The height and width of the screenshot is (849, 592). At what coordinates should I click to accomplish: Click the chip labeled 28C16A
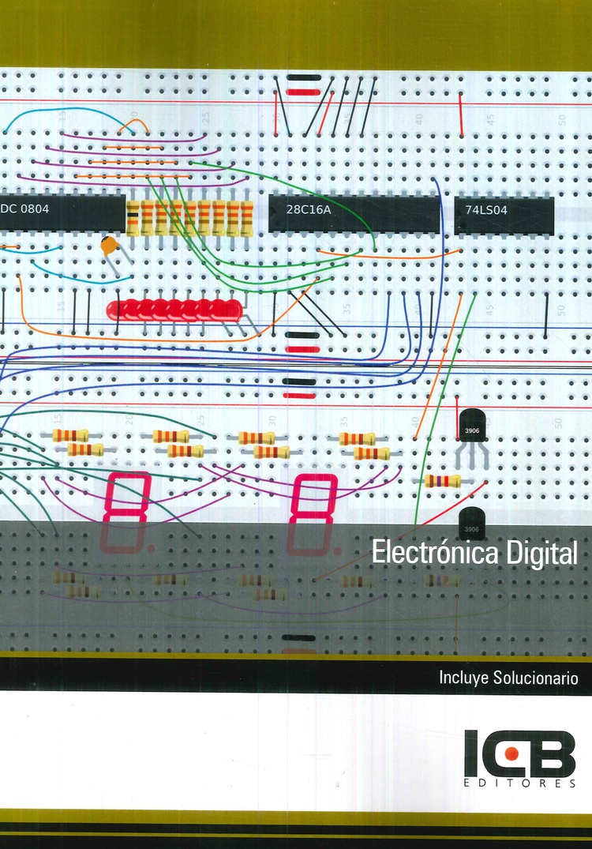coord(354,214)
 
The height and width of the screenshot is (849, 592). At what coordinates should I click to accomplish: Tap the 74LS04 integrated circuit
coord(504,216)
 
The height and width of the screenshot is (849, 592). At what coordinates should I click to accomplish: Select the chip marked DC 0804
coord(62,212)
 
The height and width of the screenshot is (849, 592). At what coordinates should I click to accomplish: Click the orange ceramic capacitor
coord(109,246)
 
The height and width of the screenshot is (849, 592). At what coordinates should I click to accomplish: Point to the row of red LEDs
coord(174,310)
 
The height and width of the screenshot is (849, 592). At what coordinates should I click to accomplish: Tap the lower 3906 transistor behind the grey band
coord(471,523)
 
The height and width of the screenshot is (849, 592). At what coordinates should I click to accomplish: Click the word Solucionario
coord(535,678)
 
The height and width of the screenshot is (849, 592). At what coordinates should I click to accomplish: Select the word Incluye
coord(463,678)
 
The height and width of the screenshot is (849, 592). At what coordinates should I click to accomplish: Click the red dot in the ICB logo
coord(511,753)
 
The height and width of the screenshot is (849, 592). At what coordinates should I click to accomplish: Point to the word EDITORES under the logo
coord(520,783)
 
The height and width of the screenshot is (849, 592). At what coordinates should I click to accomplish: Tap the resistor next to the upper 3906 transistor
coord(443,480)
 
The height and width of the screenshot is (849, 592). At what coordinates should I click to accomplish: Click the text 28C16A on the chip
coord(308,209)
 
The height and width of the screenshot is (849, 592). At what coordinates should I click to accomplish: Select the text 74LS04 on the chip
coord(486,210)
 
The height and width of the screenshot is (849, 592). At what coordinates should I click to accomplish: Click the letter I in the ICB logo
coord(471,753)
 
